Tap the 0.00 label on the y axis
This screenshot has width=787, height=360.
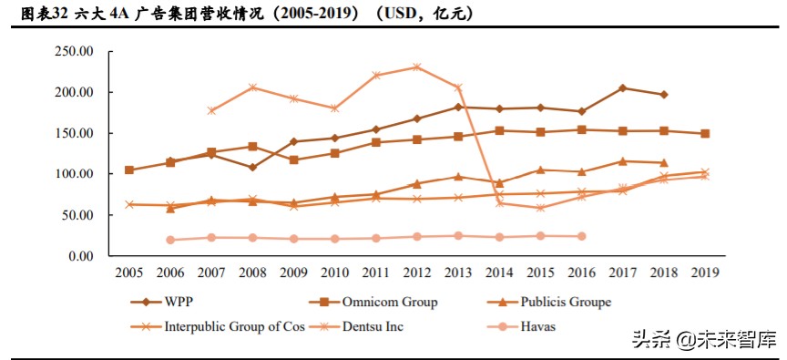click(x=81, y=256)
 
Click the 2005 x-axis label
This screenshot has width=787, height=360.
click(x=128, y=272)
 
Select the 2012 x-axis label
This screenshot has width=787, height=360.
click(x=416, y=272)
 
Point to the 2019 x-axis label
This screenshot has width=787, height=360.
click(x=704, y=272)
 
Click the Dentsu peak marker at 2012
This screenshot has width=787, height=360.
click(x=416, y=67)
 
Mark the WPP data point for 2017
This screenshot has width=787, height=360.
click(x=622, y=87)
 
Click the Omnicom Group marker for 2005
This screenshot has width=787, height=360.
click(x=128, y=170)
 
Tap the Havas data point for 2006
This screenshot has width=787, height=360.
click(x=170, y=240)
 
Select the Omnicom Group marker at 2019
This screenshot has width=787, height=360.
click(x=704, y=133)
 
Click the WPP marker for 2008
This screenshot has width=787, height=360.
click(x=252, y=167)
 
